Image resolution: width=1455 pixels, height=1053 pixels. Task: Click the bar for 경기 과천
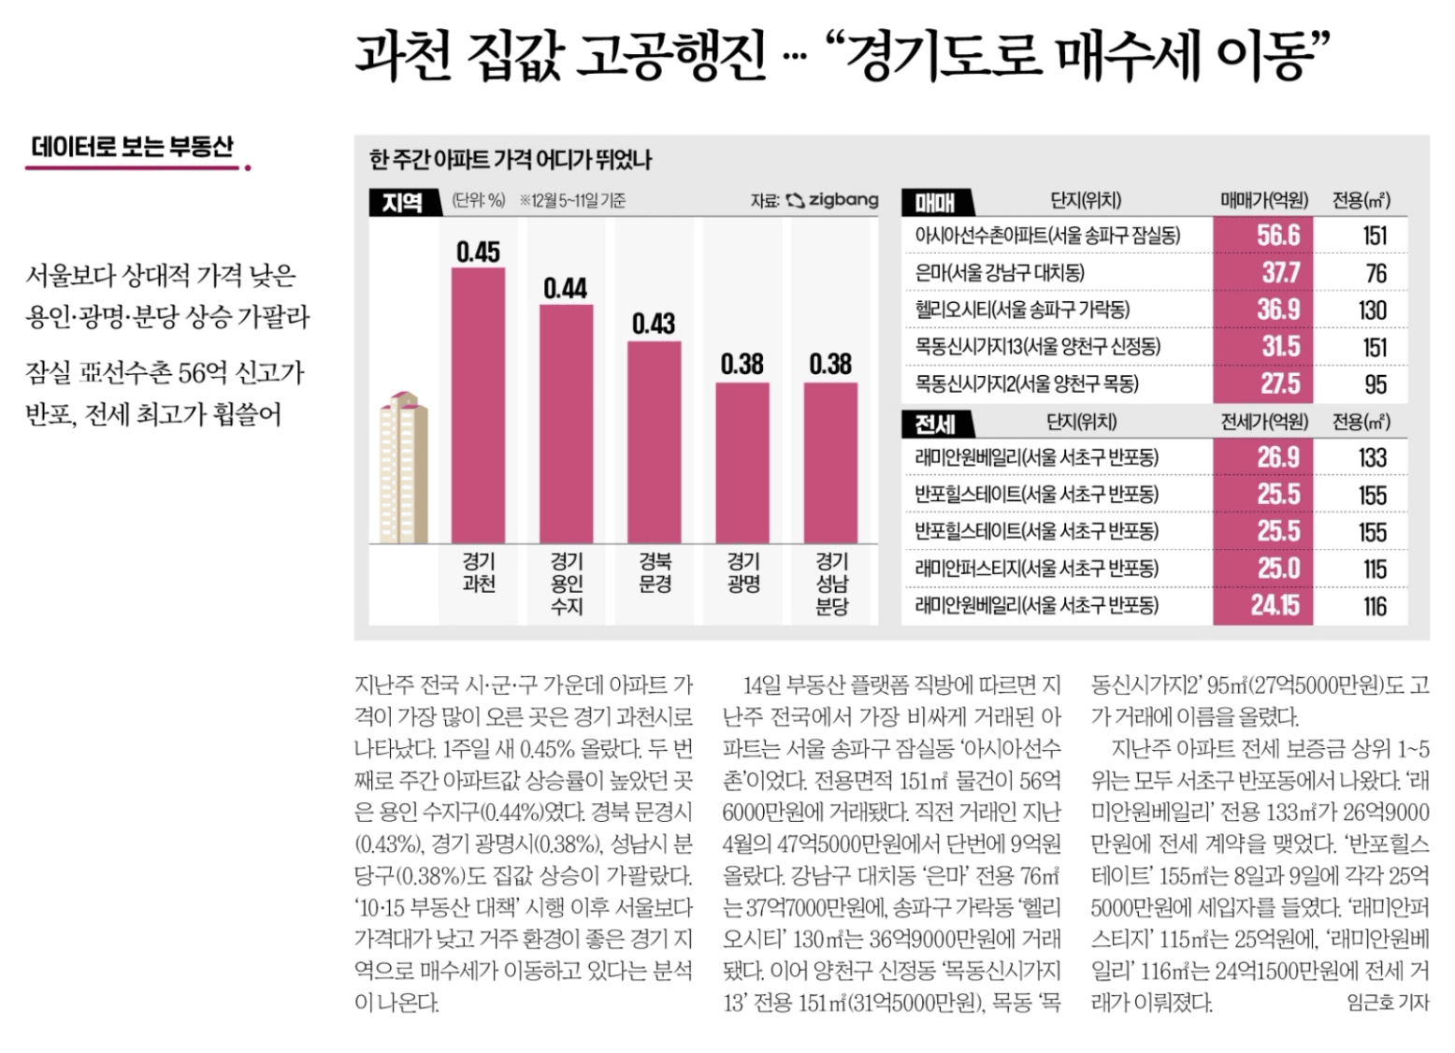click(x=478, y=404)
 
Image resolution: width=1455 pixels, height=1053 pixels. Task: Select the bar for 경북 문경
click(x=654, y=441)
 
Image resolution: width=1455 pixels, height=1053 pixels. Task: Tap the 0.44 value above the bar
click(x=565, y=288)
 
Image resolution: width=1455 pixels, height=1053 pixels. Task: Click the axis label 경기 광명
click(x=743, y=572)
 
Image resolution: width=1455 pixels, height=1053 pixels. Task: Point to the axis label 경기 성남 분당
click(x=831, y=584)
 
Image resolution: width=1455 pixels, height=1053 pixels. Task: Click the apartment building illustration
click(x=404, y=468)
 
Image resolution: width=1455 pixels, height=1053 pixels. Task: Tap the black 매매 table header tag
click(x=936, y=201)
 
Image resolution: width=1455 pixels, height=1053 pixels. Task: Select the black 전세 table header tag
click(x=936, y=424)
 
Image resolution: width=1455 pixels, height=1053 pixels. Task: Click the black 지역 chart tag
click(x=403, y=201)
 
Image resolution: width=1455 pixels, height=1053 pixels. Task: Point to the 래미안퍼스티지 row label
click(x=1036, y=569)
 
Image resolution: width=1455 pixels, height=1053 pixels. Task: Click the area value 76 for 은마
click(x=1375, y=273)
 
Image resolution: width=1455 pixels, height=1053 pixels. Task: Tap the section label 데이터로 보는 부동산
click(x=133, y=147)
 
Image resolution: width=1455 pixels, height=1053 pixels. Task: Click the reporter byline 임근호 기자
click(x=1387, y=1003)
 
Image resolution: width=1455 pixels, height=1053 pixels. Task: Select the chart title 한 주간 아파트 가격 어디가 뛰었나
click(x=510, y=160)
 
